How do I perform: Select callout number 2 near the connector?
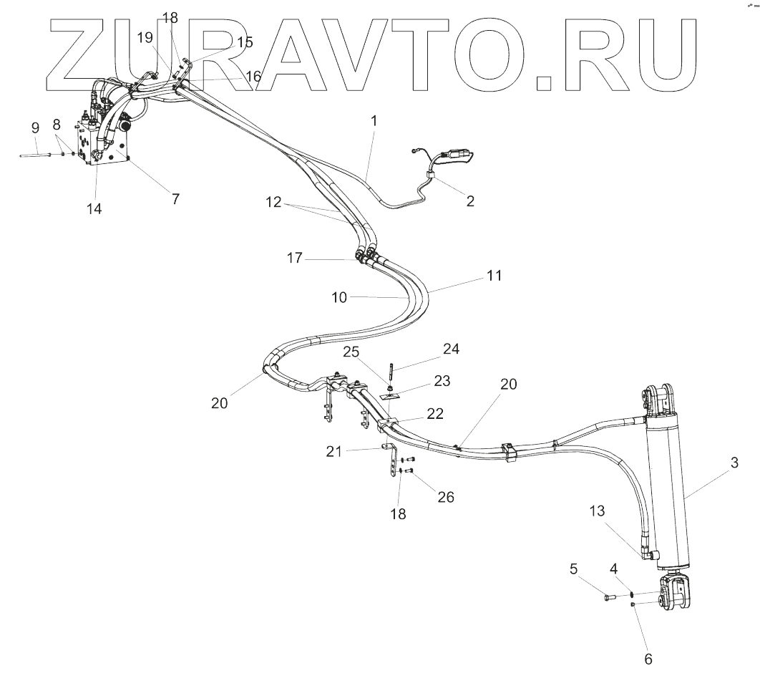click(470, 201)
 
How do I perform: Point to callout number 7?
click(175, 199)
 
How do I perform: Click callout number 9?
click(35, 128)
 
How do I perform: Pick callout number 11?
click(495, 275)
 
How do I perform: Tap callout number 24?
click(451, 349)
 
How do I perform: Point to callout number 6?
click(649, 658)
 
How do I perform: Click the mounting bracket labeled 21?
click(391, 462)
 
